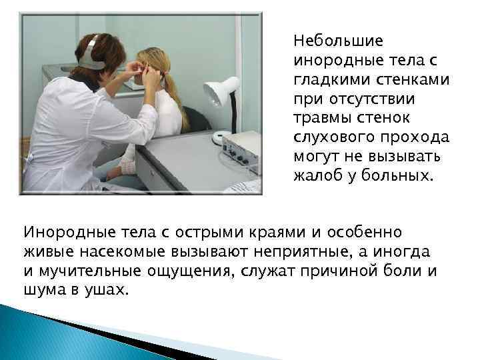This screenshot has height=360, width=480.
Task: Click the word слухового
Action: (x=331, y=138)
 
